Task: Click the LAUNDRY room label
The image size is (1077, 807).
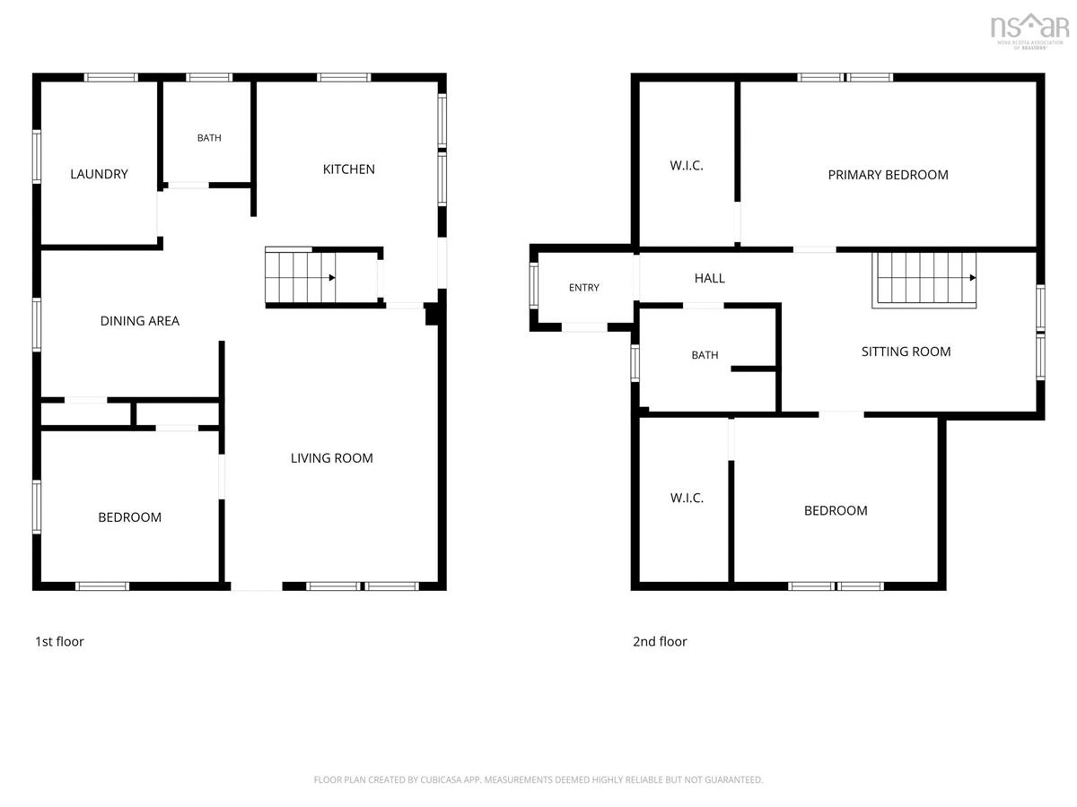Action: [99, 174]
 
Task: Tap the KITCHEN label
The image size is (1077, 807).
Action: [348, 169]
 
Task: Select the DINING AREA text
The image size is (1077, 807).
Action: [139, 321]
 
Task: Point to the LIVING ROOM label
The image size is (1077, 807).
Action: [331, 458]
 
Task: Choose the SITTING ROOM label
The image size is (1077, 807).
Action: [906, 351]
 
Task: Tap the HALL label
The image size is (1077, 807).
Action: [709, 278]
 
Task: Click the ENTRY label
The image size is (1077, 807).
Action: [583, 288]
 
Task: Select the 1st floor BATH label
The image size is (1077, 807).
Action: [209, 138]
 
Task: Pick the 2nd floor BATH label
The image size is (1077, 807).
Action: [705, 355]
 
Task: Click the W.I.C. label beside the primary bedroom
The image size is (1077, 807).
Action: [686, 166]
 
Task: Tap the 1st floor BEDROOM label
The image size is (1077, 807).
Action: [129, 517]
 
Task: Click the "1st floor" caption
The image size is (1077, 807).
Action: [59, 641]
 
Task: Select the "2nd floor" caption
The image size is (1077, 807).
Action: [659, 641]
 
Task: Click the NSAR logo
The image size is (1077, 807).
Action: [1029, 30]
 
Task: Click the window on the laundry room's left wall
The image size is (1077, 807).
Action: [36, 157]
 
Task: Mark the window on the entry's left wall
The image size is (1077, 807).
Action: [533, 286]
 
